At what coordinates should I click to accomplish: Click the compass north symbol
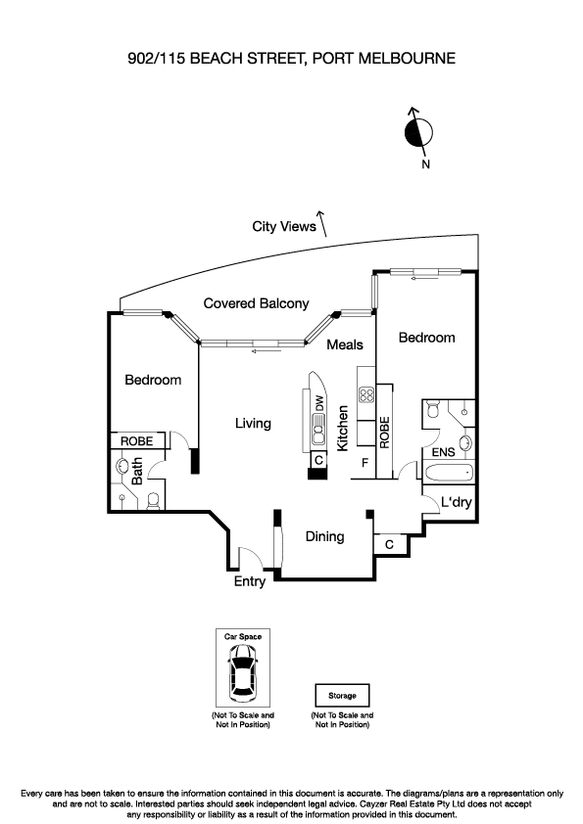[x=417, y=131]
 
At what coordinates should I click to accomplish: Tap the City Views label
[x=284, y=227]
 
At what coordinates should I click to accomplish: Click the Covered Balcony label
[x=256, y=303]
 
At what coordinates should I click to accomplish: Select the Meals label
[x=345, y=344]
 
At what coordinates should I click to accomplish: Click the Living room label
[x=253, y=423]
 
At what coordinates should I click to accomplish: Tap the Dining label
[x=324, y=536]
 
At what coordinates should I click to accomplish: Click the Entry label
[x=250, y=581]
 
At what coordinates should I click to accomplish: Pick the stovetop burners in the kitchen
[x=367, y=396]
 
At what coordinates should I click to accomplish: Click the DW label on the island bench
[x=319, y=402]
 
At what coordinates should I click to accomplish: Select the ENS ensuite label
[x=443, y=453]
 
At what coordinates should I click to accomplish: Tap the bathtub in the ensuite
[x=449, y=474]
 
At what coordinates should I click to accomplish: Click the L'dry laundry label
[x=457, y=503]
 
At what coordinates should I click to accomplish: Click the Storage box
[x=342, y=696]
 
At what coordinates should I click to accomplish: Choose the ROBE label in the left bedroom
[x=136, y=441]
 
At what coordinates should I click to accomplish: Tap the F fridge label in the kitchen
[x=365, y=463]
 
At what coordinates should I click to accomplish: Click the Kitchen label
[x=343, y=429]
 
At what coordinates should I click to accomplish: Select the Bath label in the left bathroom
[x=138, y=472]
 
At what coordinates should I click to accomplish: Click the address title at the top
[x=291, y=59]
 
